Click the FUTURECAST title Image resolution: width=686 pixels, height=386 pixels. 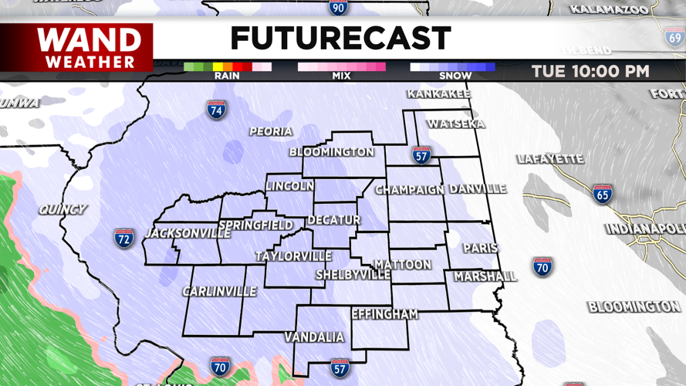(340, 39)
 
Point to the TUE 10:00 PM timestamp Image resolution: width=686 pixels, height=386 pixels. (590, 72)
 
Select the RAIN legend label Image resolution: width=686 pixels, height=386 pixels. (227, 76)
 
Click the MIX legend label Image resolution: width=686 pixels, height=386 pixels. (341, 76)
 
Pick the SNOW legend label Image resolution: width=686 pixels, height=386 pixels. (455, 76)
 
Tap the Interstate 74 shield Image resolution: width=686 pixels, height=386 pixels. (217, 110)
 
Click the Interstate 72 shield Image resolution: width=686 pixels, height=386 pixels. (124, 238)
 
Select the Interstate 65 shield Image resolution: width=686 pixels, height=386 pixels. (602, 194)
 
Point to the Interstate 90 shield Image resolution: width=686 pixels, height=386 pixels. (337, 8)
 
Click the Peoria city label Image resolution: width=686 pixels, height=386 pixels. (271, 132)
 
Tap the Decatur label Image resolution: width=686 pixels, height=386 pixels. (334, 220)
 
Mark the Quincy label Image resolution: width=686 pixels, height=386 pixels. (63, 209)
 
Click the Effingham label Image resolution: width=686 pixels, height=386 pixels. (384, 314)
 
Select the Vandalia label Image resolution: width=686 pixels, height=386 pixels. (314, 337)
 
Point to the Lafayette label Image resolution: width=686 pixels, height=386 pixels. (550, 159)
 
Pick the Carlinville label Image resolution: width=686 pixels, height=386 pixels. (219, 292)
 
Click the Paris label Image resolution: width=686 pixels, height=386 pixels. (480, 249)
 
